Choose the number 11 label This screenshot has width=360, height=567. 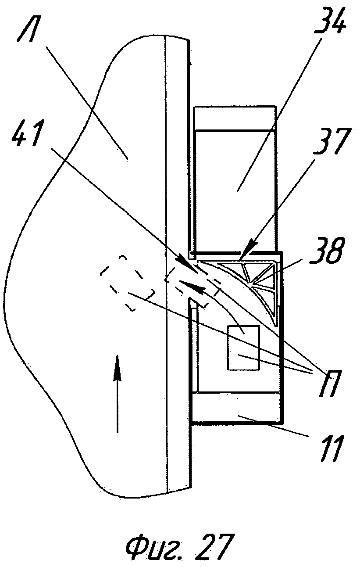(326, 447)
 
